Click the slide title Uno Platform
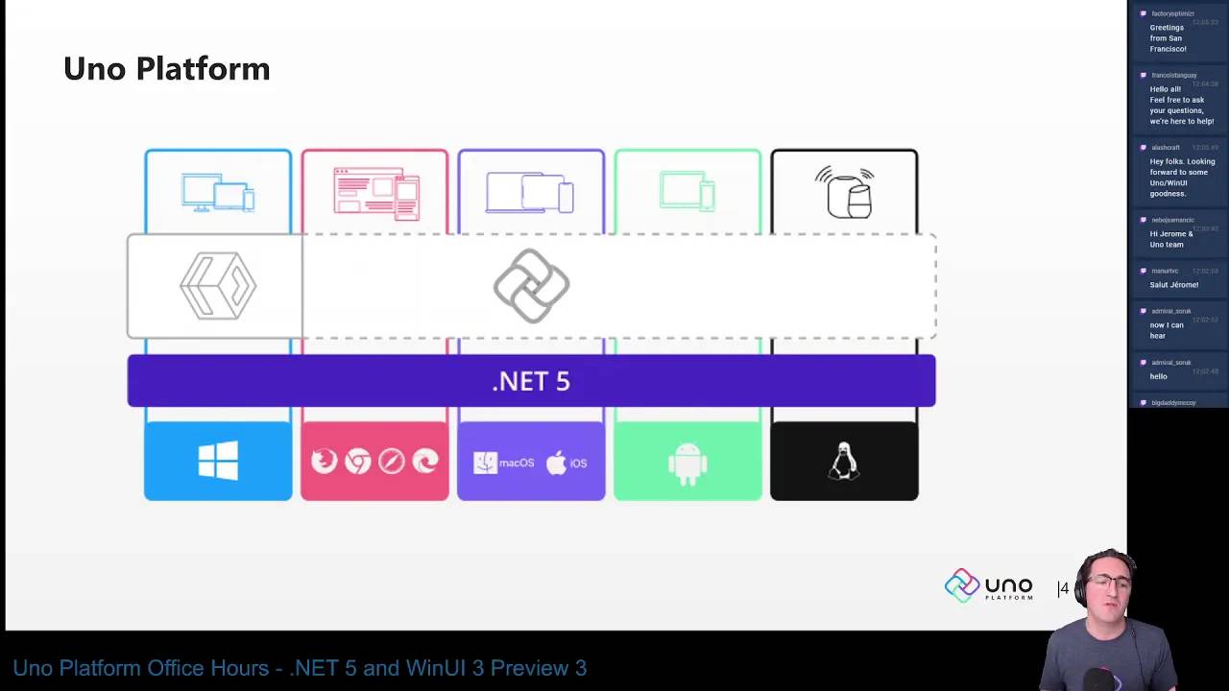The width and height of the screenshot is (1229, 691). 166,69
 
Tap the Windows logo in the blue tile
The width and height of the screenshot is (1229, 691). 218,462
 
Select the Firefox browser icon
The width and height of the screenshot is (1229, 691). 325,462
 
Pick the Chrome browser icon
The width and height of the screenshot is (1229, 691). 358,462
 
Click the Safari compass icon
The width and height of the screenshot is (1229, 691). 391,462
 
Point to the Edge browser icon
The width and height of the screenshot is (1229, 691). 424,462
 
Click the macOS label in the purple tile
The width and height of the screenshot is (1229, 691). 516,463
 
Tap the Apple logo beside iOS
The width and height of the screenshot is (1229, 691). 557,463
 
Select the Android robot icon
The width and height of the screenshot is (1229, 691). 687,463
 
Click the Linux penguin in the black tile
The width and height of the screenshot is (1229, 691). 844,462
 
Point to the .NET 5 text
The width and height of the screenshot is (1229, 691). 531,381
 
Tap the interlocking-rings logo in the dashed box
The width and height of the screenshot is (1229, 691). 531,286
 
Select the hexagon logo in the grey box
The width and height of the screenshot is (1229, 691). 218,286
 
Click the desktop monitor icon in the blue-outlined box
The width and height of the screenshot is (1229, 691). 206,192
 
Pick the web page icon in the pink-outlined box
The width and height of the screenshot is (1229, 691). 375,193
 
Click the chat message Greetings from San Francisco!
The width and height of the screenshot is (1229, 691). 1168,38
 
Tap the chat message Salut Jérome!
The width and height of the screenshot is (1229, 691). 1173,285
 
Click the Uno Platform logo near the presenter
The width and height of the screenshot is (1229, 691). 988,586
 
